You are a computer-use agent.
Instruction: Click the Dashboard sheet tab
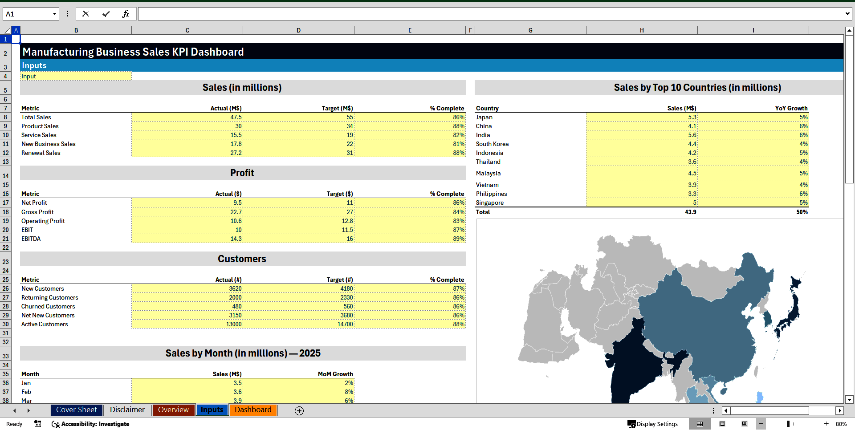tap(253, 410)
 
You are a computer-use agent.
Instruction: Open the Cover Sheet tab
tap(76, 410)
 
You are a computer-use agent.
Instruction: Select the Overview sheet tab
tap(173, 410)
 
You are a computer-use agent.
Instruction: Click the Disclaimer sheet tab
tap(127, 410)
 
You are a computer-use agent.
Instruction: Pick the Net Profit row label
tap(34, 203)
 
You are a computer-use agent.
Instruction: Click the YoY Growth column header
tap(791, 108)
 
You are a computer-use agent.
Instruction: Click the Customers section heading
tap(242, 259)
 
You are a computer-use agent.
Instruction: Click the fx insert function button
tap(126, 14)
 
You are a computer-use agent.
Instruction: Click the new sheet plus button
tap(299, 410)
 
